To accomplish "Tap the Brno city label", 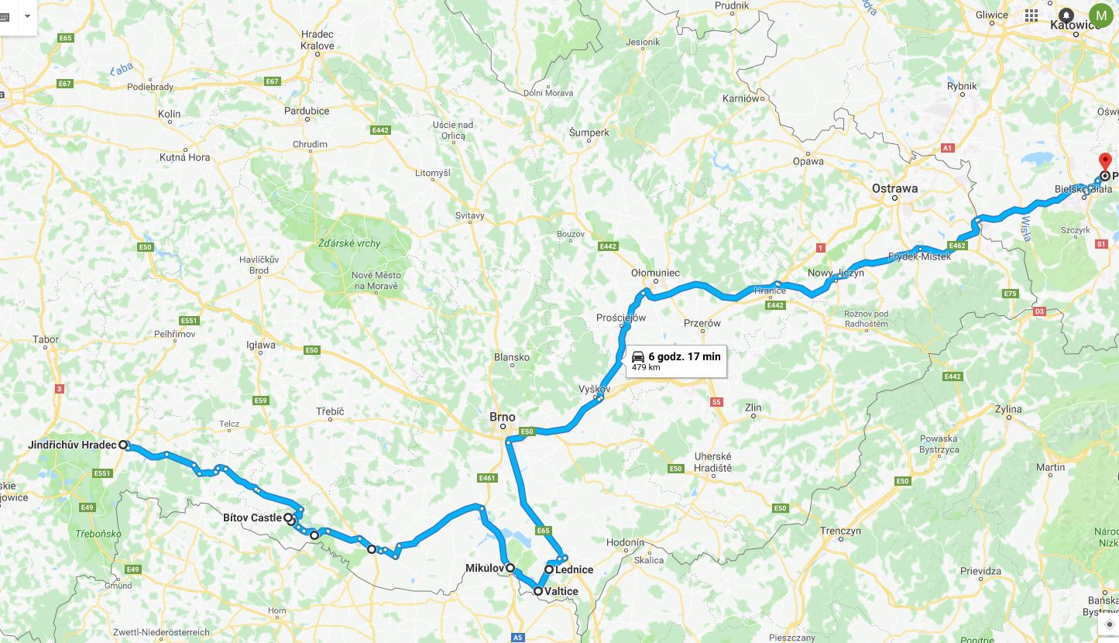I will [x=502, y=417].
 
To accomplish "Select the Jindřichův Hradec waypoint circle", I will [x=123, y=445].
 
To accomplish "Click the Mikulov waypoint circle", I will [x=510, y=568].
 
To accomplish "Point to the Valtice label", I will [x=561, y=591].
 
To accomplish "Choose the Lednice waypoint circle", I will [x=549, y=569].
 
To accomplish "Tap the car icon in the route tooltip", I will [x=638, y=356].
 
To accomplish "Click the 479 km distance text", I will [x=646, y=367].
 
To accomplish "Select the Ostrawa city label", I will [x=894, y=188].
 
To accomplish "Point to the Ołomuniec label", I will [x=655, y=273].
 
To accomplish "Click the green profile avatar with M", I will [x=1100, y=15].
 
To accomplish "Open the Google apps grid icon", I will [x=1031, y=15].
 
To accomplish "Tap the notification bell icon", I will [x=1066, y=15].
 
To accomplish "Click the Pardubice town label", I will [x=306, y=111].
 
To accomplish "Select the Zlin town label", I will [x=752, y=407].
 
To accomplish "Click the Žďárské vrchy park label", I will [x=349, y=243].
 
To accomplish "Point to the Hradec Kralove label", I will [x=318, y=40].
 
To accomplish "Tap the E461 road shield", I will [x=487, y=478].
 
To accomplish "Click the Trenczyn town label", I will [x=840, y=531].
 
